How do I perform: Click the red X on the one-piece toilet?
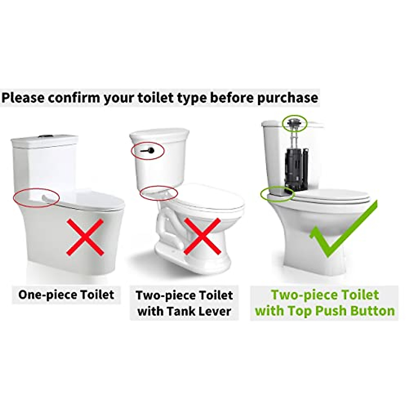click(85, 237)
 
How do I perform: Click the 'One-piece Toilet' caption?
click(66, 294)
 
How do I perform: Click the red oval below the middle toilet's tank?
click(159, 193)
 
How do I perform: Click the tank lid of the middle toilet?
click(159, 134)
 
